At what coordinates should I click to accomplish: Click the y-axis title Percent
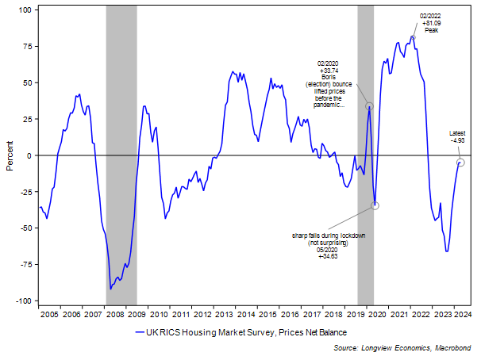(x=10, y=155)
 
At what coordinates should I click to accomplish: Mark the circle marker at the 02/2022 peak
(x=413, y=37)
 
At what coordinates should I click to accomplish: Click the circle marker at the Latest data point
(x=460, y=163)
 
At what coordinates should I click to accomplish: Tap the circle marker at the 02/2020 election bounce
(x=369, y=106)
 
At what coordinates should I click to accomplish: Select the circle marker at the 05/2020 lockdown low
(x=375, y=205)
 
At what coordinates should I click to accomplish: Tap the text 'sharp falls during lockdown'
(x=329, y=236)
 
